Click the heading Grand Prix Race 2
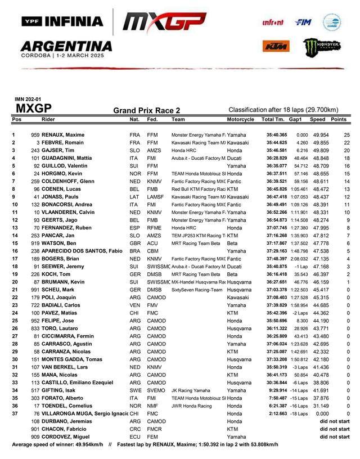[x=147, y=111]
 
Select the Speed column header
[x=317, y=120]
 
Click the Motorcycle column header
[x=240, y=120]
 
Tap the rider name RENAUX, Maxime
[x=62, y=136]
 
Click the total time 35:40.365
[x=277, y=136]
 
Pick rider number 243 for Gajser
[x=35, y=151]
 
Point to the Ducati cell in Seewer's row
[x=235, y=265]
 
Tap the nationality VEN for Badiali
[x=134, y=304]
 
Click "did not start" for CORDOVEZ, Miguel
[x=335, y=436]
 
